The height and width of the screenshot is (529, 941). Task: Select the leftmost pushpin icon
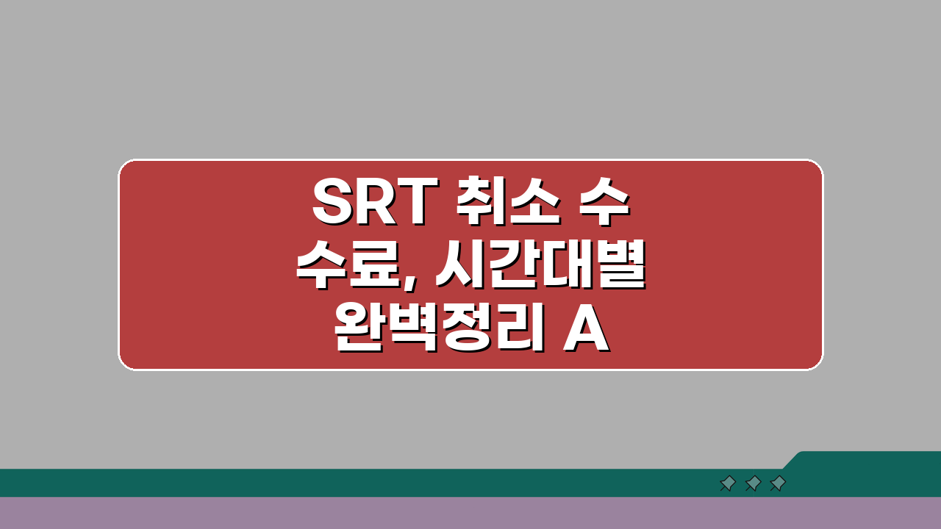point(728,483)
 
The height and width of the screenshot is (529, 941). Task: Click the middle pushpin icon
point(753,483)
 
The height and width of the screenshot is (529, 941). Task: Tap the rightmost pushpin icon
point(778,483)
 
